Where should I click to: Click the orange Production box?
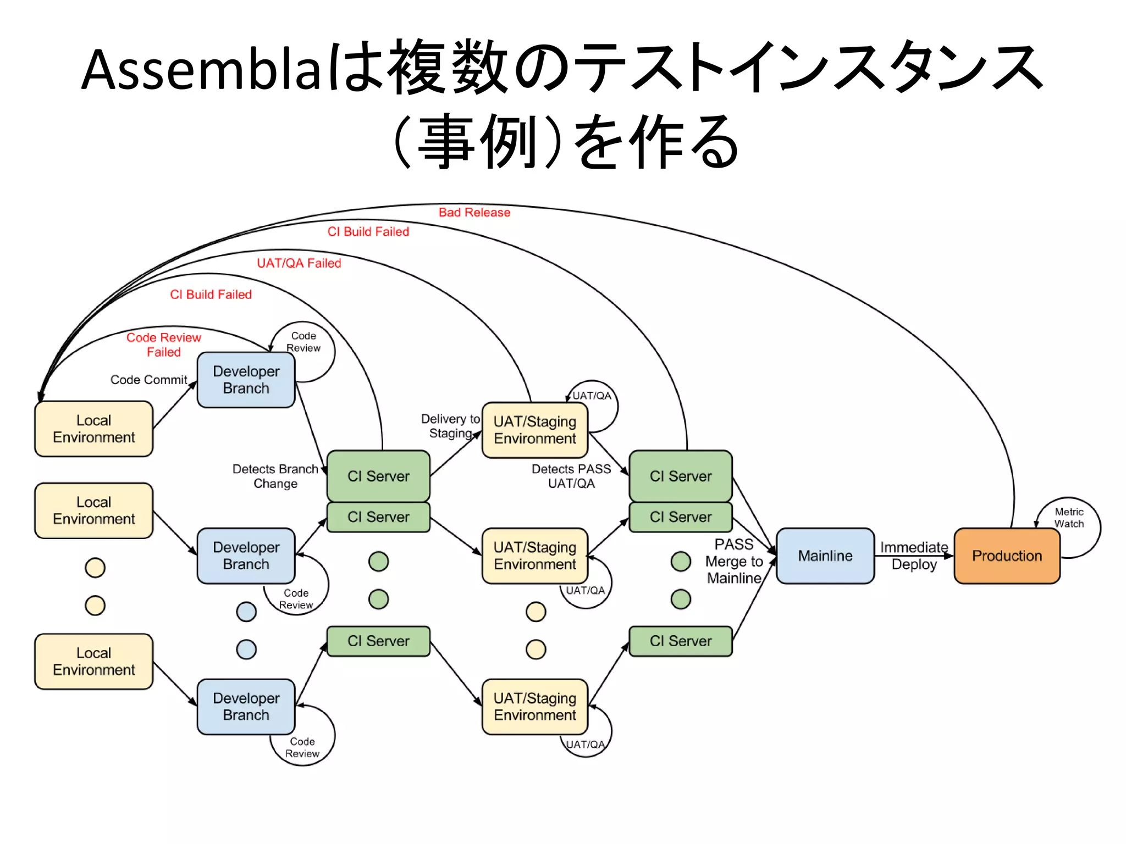[x=1007, y=556]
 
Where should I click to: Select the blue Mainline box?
[x=825, y=556]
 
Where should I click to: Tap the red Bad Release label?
[x=474, y=213]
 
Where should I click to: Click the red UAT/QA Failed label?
[x=299, y=263]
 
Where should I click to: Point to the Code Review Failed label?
[x=163, y=345]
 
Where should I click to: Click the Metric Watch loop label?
[x=1068, y=518]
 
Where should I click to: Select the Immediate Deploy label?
[x=914, y=556]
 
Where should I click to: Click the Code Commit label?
[x=148, y=380]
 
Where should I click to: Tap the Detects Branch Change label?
[x=275, y=476]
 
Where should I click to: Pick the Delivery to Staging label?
[x=450, y=426]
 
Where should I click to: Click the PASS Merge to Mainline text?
[x=734, y=561]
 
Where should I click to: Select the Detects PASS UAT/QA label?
[x=571, y=476]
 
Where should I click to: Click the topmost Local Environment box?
[x=93, y=429]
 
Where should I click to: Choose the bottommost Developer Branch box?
[x=246, y=706]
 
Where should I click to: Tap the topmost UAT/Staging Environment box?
[x=534, y=430]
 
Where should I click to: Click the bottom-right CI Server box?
[x=680, y=641]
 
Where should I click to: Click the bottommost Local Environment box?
[x=93, y=661]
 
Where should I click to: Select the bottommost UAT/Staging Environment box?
[x=534, y=706]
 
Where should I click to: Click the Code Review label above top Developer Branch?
[x=303, y=342]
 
